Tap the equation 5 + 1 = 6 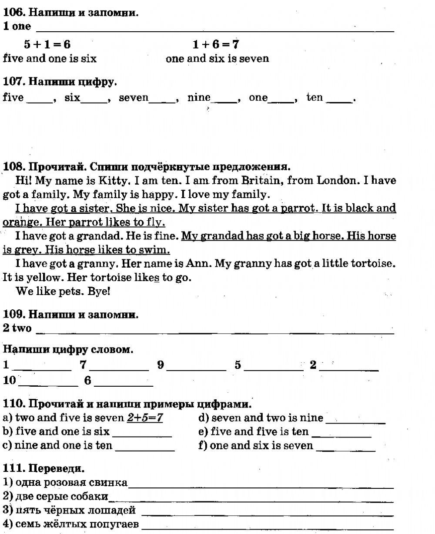pos(47,44)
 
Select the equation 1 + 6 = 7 pos(215,44)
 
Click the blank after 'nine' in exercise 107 pos(224,100)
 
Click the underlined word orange pos(17,222)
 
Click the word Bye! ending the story pos(99,292)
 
